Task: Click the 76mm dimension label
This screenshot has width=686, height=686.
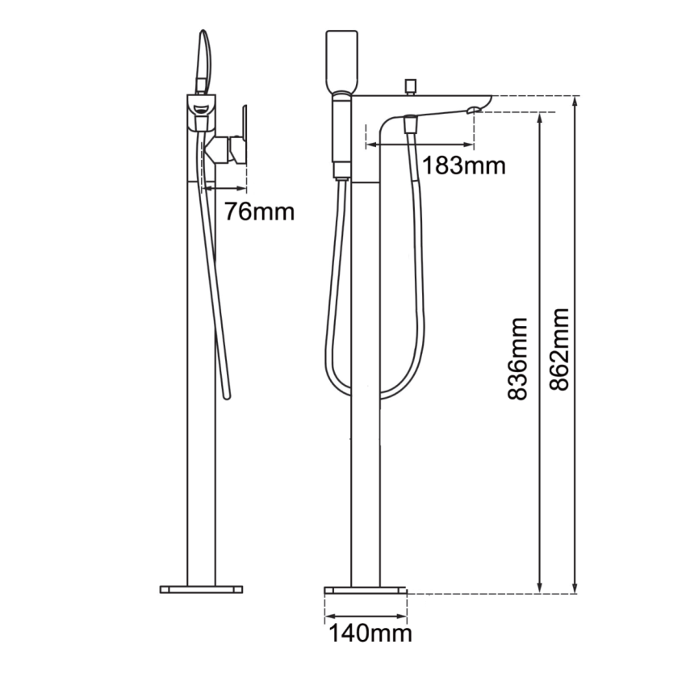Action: tap(258, 212)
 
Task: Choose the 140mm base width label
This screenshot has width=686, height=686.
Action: tap(369, 634)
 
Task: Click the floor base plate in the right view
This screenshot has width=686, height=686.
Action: tap(366, 590)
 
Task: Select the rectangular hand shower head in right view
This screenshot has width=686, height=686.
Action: tap(340, 61)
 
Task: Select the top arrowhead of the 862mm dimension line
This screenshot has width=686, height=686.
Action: tap(575, 100)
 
